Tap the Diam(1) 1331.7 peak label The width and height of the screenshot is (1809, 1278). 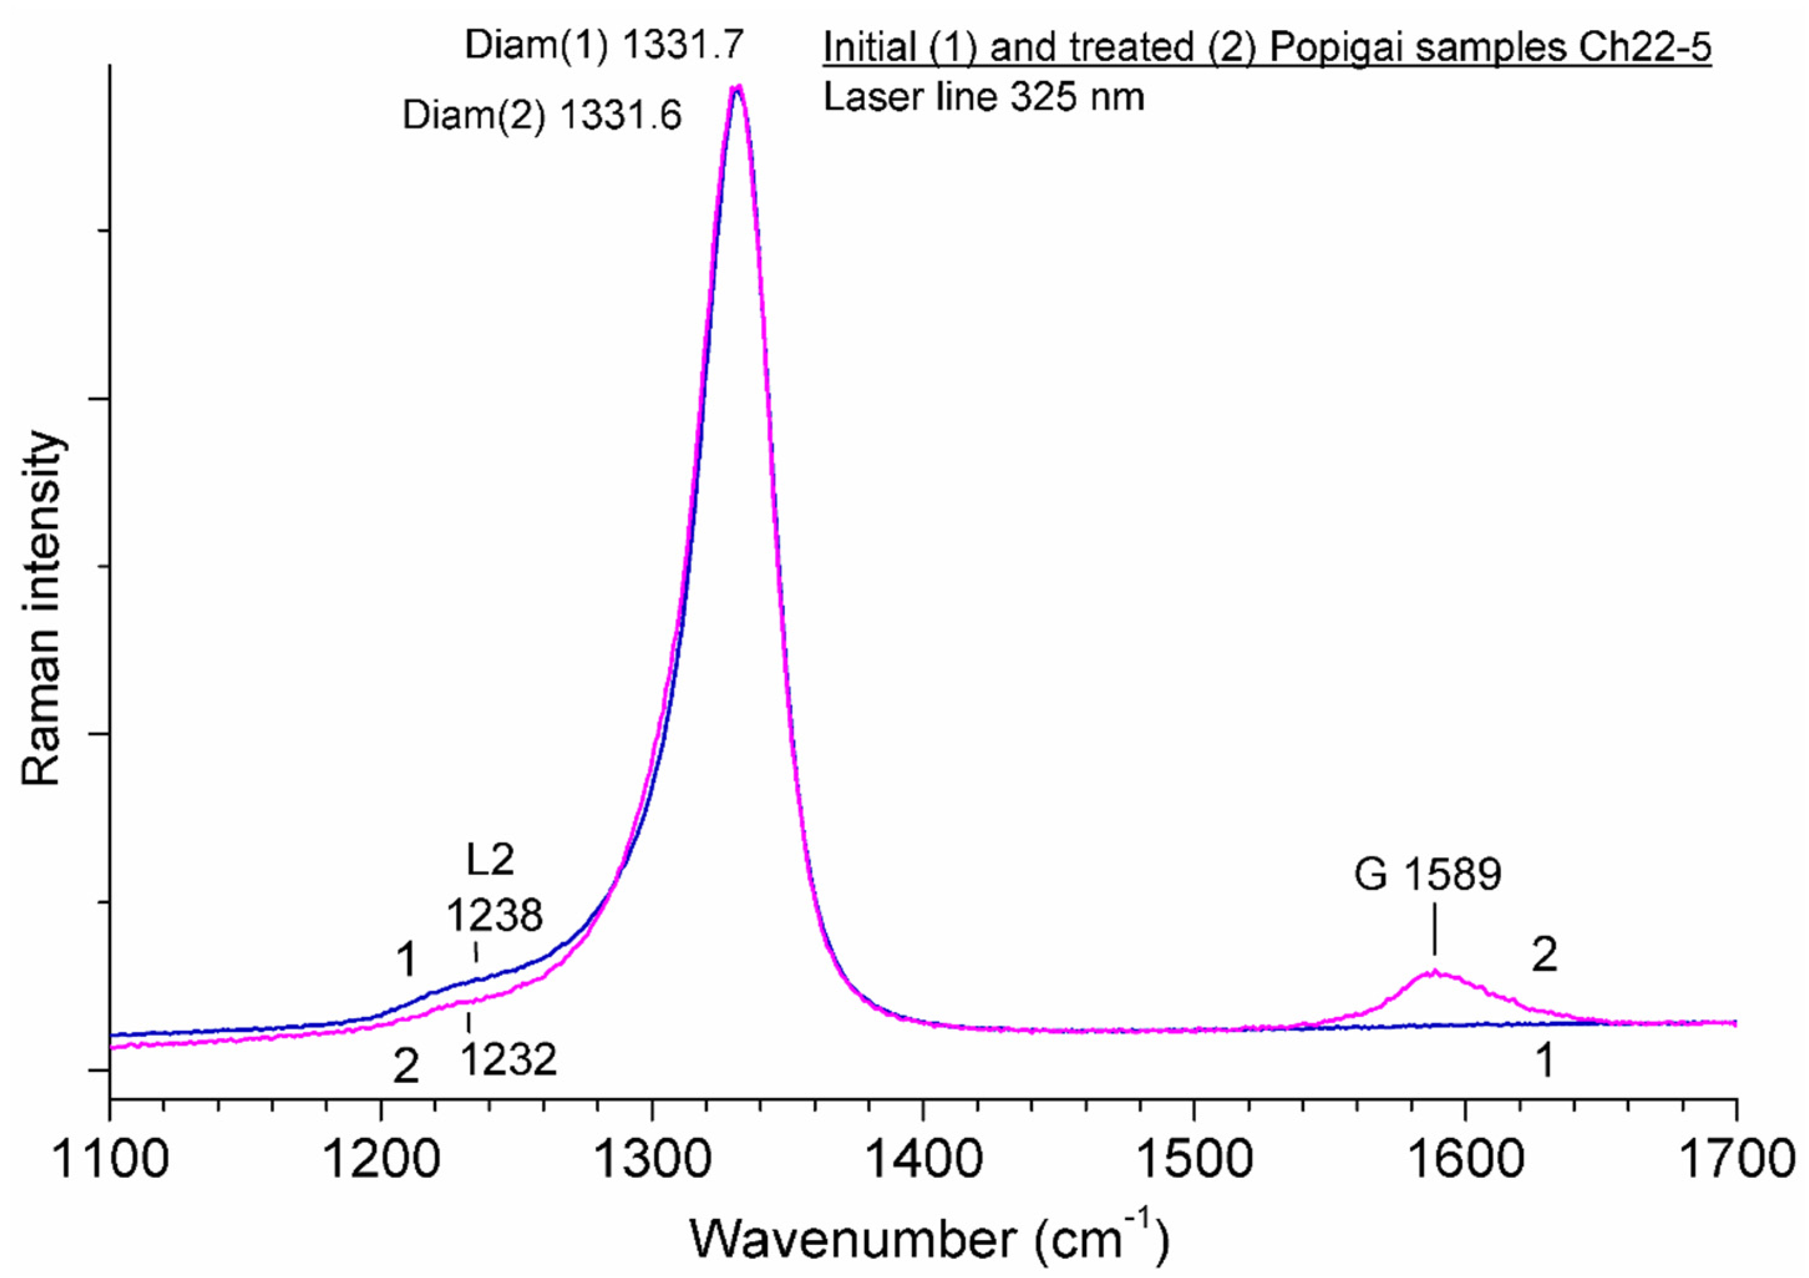point(604,45)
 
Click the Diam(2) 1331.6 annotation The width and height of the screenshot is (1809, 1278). point(542,116)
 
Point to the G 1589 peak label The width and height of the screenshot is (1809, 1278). point(1428,874)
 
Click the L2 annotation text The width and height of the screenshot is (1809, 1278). point(490,859)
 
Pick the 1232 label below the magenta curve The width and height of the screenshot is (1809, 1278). point(509,1061)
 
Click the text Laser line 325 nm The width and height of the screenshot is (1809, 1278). point(984,97)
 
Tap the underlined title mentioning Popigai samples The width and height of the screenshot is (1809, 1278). point(1267,48)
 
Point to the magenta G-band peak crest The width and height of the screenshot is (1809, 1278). point(1434,973)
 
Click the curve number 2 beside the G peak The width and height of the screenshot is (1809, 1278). point(1544,956)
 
